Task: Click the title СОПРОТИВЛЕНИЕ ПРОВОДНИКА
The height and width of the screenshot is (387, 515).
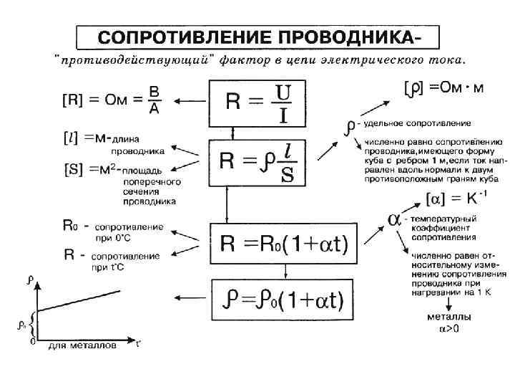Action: [259, 37]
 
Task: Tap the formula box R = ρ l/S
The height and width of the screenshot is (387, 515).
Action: [258, 162]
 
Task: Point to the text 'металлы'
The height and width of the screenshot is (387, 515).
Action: [448, 317]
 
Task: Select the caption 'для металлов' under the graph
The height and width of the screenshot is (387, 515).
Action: [81, 347]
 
